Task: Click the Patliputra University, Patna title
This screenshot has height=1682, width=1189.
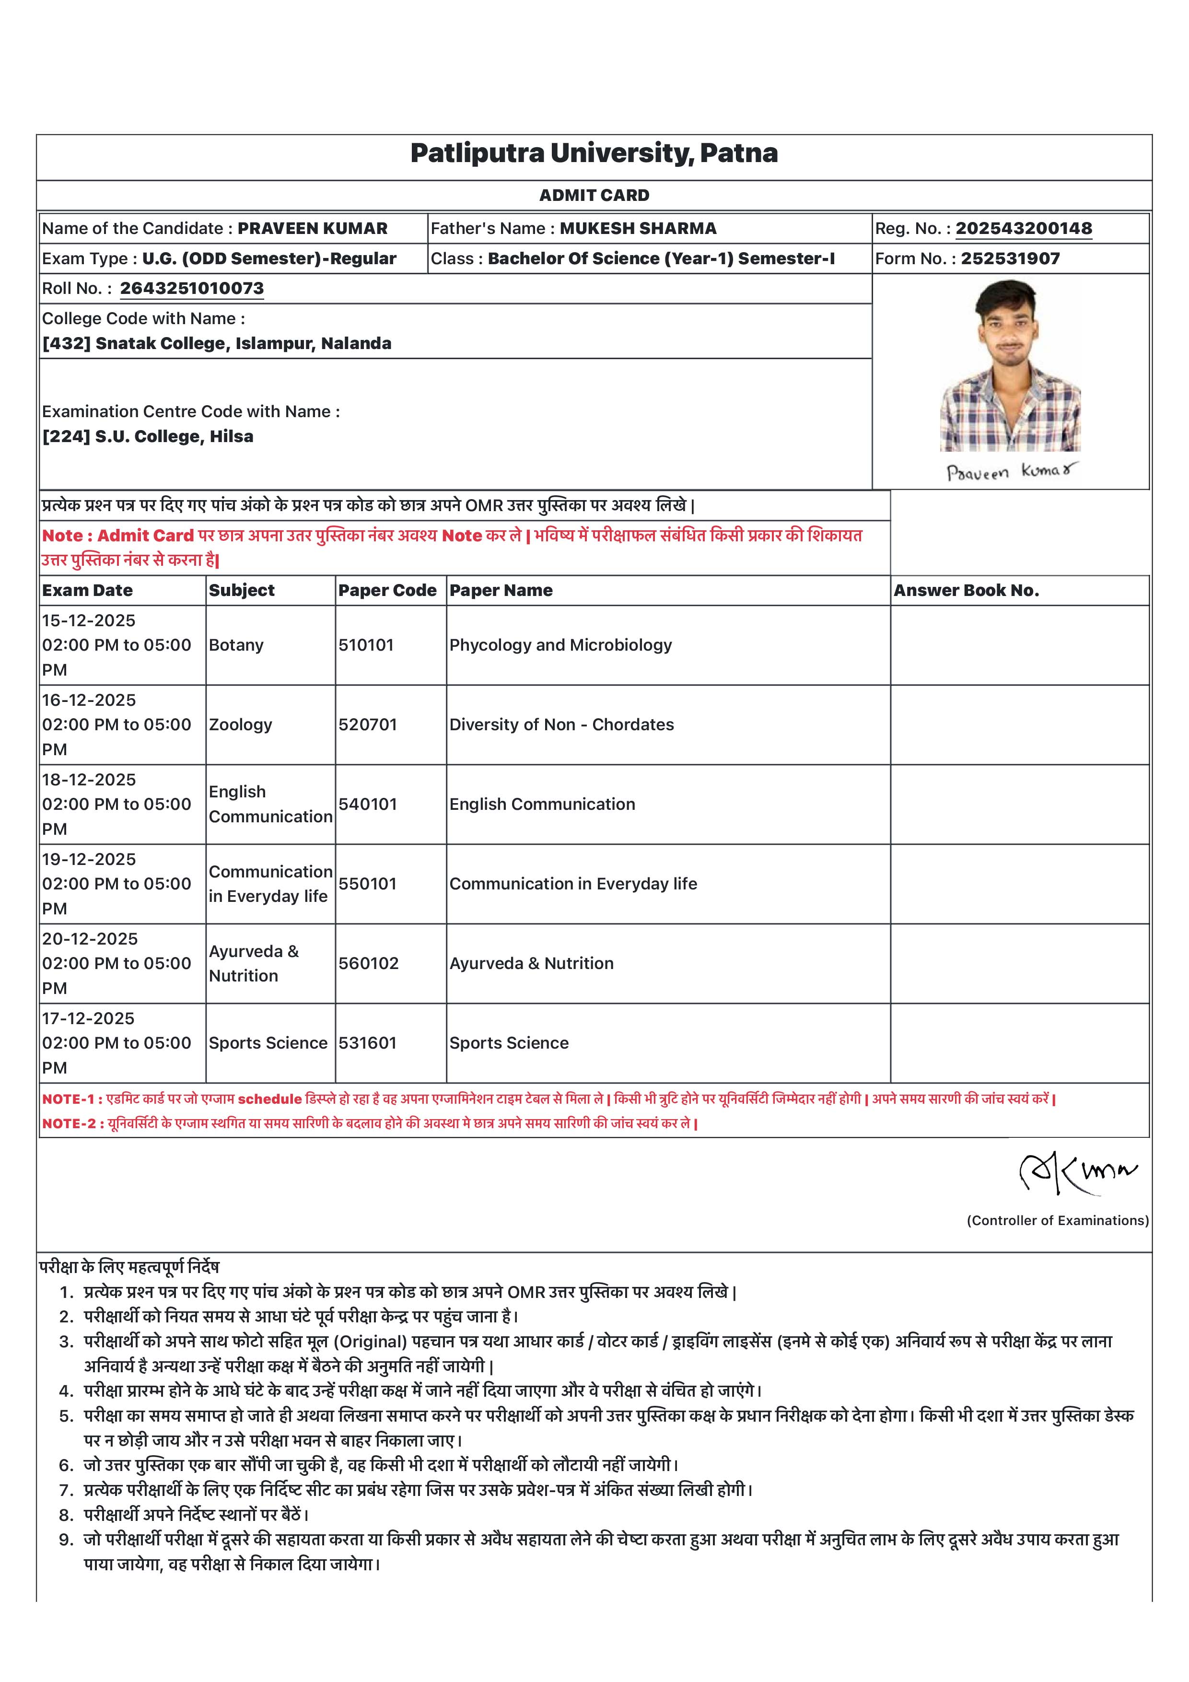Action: click(594, 153)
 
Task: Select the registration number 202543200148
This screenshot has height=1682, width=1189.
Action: click(1024, 229)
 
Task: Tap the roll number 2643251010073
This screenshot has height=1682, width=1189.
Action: click(192, 289)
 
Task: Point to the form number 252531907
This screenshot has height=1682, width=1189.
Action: click(1010, 258)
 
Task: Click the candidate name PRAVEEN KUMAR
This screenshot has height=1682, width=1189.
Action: click(312, 229)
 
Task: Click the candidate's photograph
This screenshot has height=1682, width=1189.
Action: click(1010, 366)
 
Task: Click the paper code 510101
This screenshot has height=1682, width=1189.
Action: click(366, 645)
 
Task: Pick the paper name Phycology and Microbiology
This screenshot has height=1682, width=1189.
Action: click(560, 645)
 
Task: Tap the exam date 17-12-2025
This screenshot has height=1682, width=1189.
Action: click(89, 1019)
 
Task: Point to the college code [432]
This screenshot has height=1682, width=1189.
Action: click(67, 344)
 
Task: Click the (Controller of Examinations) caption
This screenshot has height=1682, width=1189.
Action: click(1057, 1220)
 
